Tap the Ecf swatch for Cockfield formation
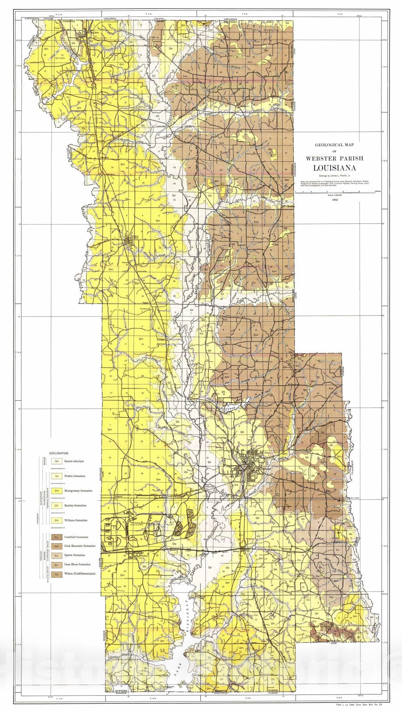(56, 537)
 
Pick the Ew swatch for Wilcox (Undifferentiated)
(56, 574)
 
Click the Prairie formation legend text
(75, 476)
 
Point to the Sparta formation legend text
(75, 555)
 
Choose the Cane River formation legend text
(77, 564)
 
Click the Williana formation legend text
(76, 520)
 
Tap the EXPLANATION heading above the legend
(59, 453)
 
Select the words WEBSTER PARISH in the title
(334, 158)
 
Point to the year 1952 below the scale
(334, 200)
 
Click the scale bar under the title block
(334, 191)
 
